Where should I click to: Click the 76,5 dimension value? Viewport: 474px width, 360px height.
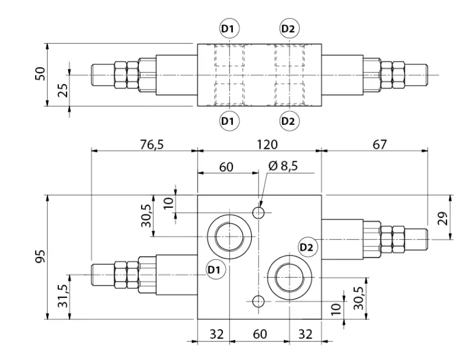pyautogui.click(x=152, y=144)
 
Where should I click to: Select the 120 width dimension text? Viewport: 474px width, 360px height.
pyautogui.click(x=267, y=144)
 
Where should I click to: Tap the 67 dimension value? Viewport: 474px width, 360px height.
pyautogui.click(x=379, y=144)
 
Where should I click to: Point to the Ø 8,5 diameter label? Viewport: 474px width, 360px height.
pyautogui.click(x=283, y=166)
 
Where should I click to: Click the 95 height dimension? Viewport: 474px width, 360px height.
pyautogui.click(x=40, y=256)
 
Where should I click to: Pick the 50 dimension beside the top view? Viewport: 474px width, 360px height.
pyautogui.click(x=40, y=73)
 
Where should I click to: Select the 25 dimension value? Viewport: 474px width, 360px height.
pyautogui.click(x=63, y=90)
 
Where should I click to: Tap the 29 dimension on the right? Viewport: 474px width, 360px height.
pyautogui.click(x=443, y=218)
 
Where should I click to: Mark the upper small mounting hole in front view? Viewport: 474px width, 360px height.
pyautogui.click(x=259, y=213)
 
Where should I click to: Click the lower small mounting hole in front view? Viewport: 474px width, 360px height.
pyautogui.click(x=259, y=301)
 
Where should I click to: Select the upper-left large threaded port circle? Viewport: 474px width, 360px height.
pyautogui.click(x=229, y=237)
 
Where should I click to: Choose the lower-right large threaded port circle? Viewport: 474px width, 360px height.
pyautogui.click(x=289, y=277)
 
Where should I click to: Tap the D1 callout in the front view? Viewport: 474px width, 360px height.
pyautogui.click(x=214, y=269)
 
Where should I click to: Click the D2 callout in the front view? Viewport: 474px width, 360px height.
pyautogui.click(x=306, y=247)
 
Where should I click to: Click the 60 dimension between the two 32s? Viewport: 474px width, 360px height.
pyautogui.click(x=260, y=334)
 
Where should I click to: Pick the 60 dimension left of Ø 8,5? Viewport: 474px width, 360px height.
pyautogui.click(x=226, y=167)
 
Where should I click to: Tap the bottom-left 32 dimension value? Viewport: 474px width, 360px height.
pyautogui.click(x=217, y=334)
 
